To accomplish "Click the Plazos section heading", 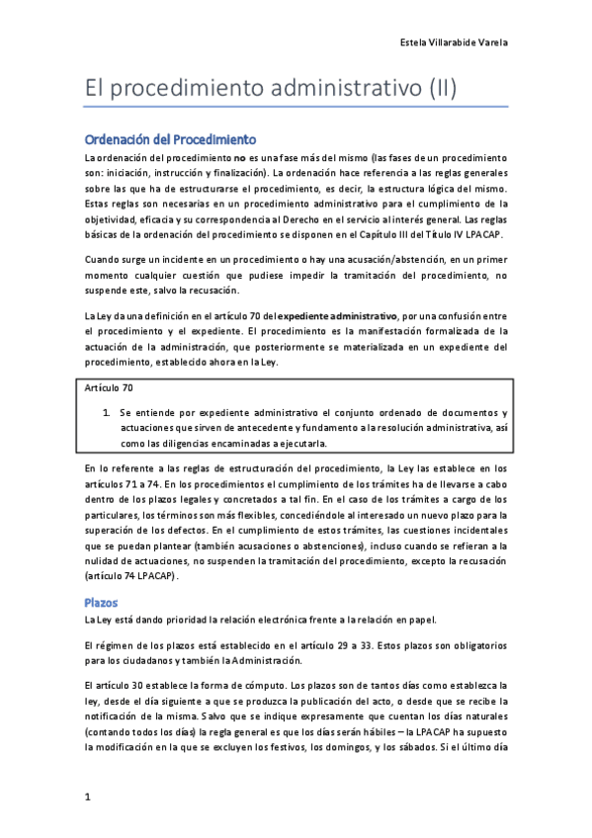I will (x=101, y=601).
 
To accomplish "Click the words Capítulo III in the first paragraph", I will (x=376, y=234).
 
